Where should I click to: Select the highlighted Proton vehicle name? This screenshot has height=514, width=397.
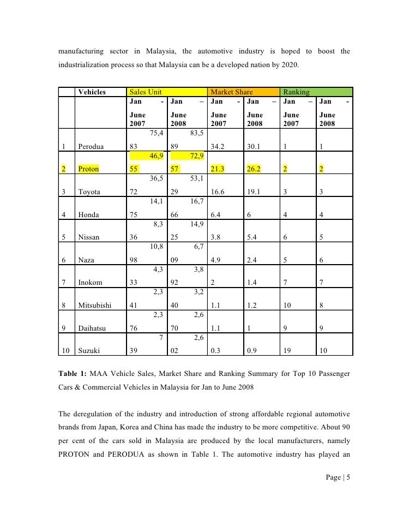point(89,169)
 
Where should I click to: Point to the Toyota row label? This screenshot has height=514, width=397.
point(90,192)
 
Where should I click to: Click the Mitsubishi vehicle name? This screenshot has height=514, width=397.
point(95,306)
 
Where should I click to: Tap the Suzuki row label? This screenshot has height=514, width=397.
point(89,351)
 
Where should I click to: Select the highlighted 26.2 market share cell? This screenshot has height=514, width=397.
point(254,169)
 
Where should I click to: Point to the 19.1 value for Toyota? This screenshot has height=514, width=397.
point(254,192)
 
